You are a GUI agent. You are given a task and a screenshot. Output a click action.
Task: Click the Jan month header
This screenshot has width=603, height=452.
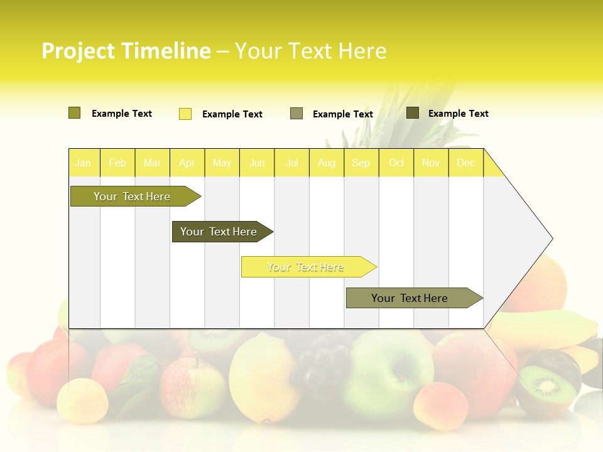[84, 163]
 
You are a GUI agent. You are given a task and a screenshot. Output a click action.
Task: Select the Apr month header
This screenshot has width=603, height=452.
[187, 163]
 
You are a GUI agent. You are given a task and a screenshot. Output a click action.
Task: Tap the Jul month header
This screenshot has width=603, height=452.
[292, 163]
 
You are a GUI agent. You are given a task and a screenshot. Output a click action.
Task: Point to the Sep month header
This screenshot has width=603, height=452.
[361, 163]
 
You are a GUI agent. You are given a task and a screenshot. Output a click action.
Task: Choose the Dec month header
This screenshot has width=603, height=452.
[466, 163]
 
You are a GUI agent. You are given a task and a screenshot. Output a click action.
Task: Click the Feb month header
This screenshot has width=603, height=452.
[117, 163]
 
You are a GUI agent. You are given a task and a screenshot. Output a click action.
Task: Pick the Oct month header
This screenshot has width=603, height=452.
[396, 163]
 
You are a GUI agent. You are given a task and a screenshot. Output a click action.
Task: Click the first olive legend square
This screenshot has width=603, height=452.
[75, 113]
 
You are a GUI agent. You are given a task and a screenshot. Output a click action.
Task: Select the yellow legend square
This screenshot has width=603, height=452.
[185, 114]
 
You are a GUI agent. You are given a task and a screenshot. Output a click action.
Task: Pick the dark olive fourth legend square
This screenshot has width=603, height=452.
[413, 113]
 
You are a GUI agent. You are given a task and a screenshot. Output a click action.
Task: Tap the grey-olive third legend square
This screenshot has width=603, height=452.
[296, 114]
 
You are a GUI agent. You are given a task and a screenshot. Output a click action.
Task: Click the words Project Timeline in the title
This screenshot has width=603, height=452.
[126, 51]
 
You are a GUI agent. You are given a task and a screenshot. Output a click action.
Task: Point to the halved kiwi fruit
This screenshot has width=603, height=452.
[548, 384]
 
